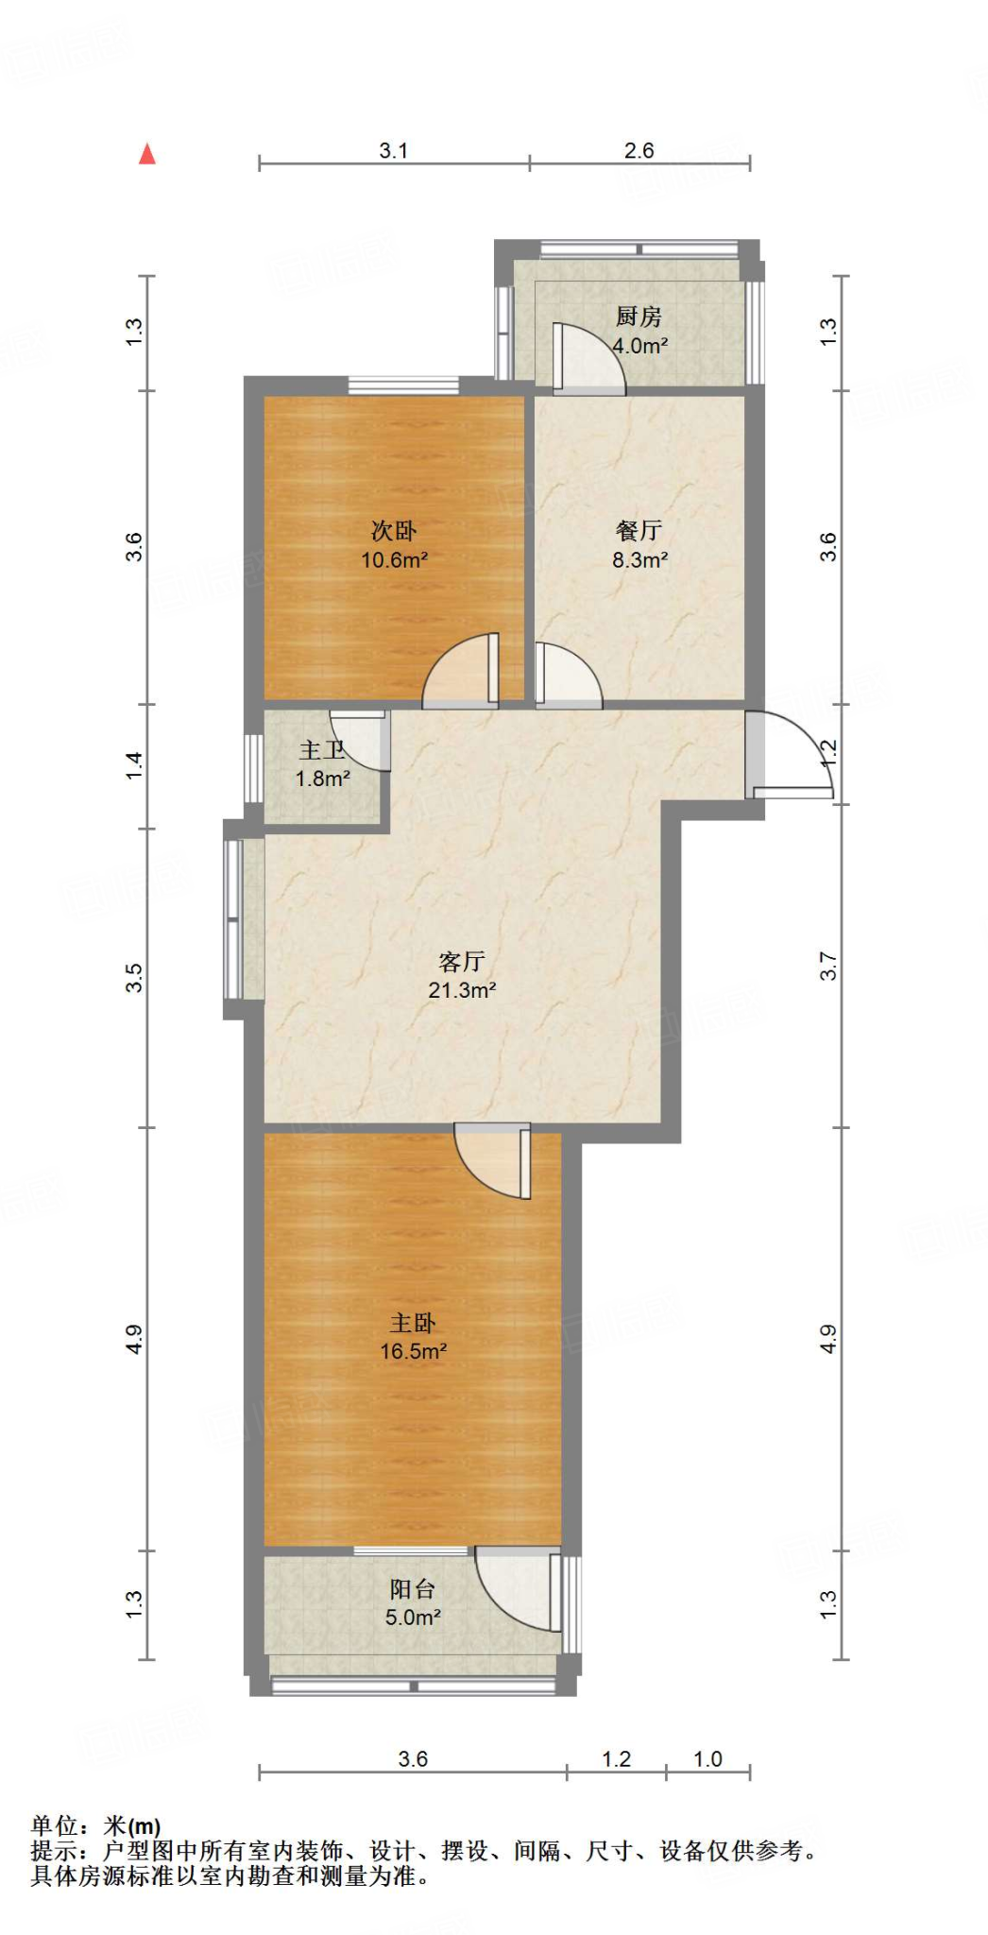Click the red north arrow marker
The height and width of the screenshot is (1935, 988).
click(x=147, y=154)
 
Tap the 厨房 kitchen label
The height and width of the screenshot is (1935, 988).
click(x=639, y=317)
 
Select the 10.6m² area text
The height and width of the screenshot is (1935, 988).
click(x=394, y=560)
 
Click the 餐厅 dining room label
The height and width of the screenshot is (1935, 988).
click(x=639, y=531)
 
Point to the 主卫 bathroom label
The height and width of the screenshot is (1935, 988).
click(x=321, y=750)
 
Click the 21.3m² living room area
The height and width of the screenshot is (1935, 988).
click(x=462, y=990)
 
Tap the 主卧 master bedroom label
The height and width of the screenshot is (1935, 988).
click(x=413, y=1323)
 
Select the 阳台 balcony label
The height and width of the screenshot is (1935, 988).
click(x=413, y=1589)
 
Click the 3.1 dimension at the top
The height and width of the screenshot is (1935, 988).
click(x=393, y=150)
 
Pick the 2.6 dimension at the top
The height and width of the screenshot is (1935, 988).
click(x=639, y=150)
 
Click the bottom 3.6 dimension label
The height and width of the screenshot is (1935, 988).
click(x=413, y=1759)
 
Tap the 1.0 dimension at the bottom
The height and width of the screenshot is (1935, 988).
click(x=707, y=1759)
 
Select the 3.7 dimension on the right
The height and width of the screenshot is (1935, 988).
click(x=828, y=966)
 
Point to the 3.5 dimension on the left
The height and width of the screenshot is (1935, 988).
click(x=134, y=977)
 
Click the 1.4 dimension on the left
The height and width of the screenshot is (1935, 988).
click(x=134, y=764)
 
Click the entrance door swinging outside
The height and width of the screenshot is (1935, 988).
click(x=792, y=756)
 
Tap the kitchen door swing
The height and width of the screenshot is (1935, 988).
click(x=589, y=359)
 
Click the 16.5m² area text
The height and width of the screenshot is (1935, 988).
click(x=413, y=1352)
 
